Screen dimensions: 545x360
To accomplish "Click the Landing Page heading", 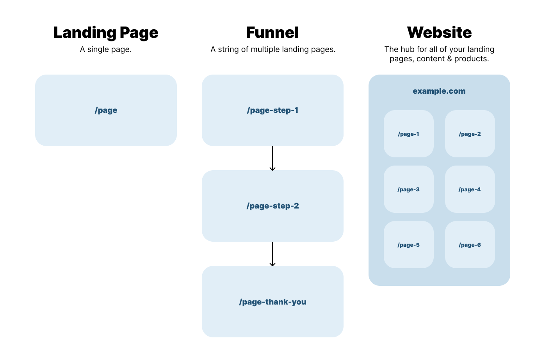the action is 106,33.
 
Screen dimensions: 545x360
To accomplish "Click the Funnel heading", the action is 272,32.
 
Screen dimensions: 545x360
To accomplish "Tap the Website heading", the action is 439,32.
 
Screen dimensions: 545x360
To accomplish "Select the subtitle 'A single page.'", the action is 106,50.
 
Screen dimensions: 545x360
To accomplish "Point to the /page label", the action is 106,110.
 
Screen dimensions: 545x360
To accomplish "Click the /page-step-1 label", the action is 272,110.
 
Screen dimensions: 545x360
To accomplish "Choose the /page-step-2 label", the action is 272,206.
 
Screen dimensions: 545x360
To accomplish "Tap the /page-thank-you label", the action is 272,302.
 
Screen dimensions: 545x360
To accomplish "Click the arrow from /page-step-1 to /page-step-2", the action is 272,158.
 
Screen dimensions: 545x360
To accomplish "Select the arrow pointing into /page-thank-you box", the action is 272,254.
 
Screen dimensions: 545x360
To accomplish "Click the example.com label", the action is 439,91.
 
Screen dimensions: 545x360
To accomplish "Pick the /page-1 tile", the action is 408,134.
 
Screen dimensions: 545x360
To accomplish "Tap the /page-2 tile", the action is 470,134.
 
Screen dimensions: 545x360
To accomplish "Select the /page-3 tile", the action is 408,189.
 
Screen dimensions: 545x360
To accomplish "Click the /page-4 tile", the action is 470,189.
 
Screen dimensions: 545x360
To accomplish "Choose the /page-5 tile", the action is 408,245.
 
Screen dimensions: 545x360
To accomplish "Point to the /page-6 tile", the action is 470,245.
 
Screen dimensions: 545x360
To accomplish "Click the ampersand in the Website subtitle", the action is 449,59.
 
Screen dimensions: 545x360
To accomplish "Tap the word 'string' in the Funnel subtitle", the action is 228,50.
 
